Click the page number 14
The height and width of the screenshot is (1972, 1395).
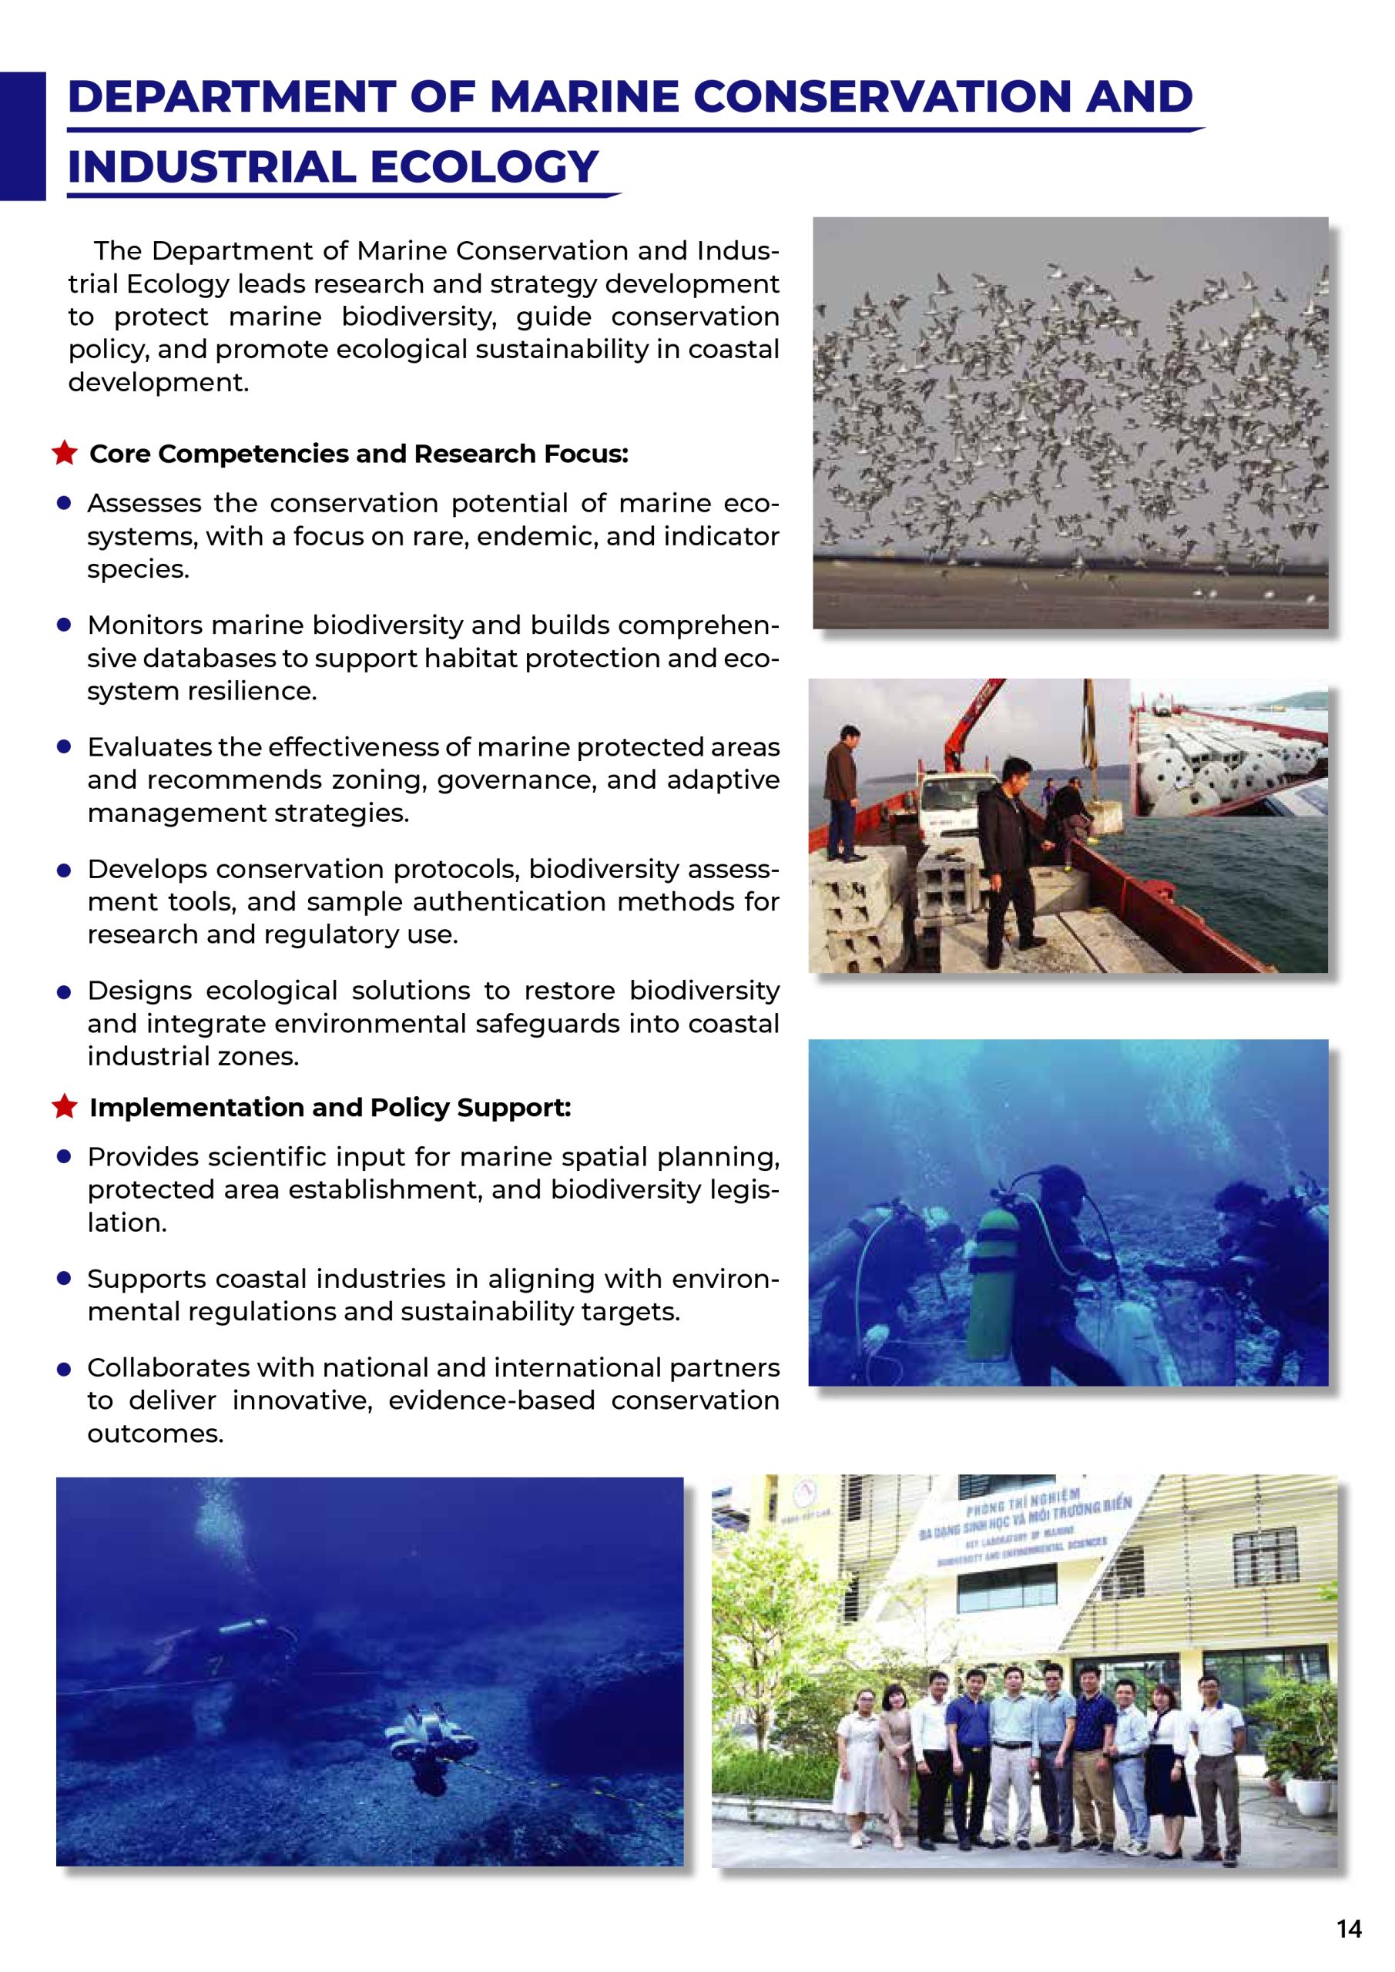(1349, 1928)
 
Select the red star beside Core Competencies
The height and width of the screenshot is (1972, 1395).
(65, 453)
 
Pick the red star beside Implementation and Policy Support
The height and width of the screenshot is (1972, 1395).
(65, 1106)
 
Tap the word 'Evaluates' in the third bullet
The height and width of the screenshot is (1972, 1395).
(149, 746)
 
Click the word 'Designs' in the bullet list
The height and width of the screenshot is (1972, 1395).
(139, 991)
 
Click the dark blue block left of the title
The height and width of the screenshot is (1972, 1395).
(22, 136)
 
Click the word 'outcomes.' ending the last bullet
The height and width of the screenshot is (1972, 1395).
(155, 1434)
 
